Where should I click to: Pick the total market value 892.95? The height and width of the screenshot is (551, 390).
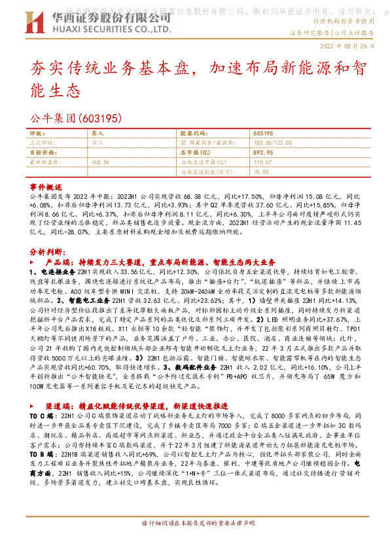pyautogui.click(x=262, y=151)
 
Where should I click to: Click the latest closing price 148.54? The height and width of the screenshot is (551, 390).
pyautogui.click(x=101, y=160)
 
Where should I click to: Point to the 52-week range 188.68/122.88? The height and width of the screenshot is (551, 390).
pyautogui.click(x=273, y=141)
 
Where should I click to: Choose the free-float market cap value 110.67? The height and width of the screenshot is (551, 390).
pyautogui.click(x=262, y=161)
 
